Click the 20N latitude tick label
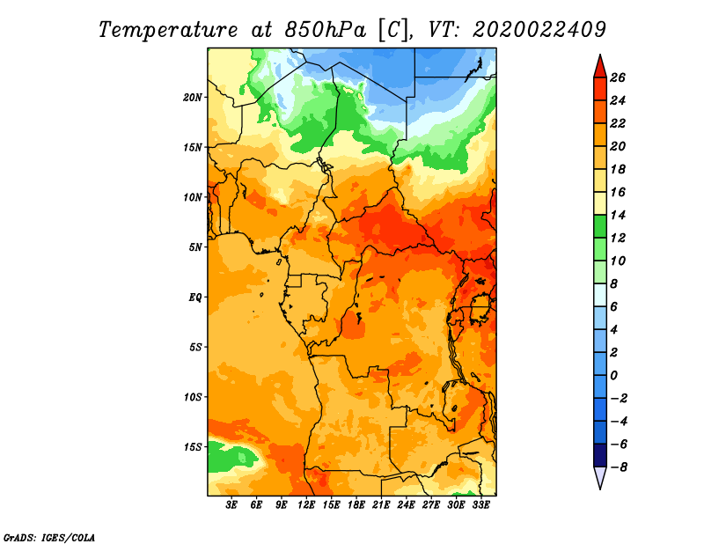(193, 98)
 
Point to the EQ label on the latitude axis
(195, 298)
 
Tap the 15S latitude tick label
(193, 447)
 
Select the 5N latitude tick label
(195, 247)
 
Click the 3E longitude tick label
(231, 505)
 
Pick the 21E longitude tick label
(381, 505)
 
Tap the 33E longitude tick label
(480, 505)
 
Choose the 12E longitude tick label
(306, 505)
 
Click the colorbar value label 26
(618, 77)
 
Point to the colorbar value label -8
(619, 467)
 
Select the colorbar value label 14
(618, 215)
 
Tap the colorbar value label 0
(613, 375)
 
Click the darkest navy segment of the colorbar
(600, 455)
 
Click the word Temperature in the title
(168, 30)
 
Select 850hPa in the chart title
(326, 30)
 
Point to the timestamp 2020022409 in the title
(539, 30)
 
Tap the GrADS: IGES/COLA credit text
(49, 537)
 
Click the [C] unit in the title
(393, 30)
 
